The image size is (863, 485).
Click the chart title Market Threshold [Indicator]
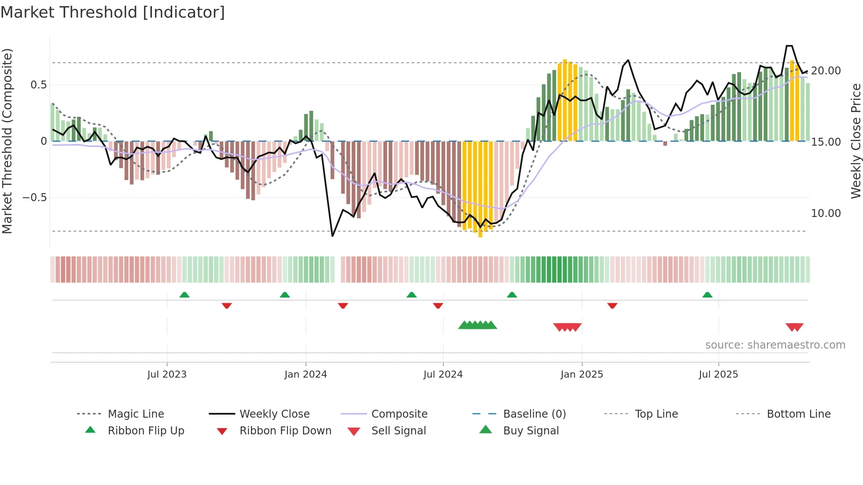pyautogui.click(x=113, y=12)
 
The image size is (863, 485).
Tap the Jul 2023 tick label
pyautogui.click(x=167, y=375)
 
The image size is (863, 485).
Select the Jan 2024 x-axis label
pyautogui.click(x=306, y=375)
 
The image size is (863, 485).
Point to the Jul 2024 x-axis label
pyautogui.click(x=443, y=375)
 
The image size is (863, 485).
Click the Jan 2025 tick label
pyautogui.click(x=582, y=375)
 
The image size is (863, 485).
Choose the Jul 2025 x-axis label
pyautogui.click(x=718, y=375)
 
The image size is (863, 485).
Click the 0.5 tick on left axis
pyautogui.click(x=39, y=85)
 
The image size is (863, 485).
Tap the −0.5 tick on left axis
pyautogui.click(x=35, y=198)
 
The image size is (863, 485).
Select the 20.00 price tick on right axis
pyautogui.click(x=826, y=71)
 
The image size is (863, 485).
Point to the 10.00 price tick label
pyautogui.click(x=826, y=213)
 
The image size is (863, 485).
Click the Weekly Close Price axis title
pyautogui.click(x=856, y=141)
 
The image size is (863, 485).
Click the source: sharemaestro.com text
pyautogui.click(x=775, y=345)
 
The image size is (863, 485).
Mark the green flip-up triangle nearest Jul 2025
pyautogui.click(x=707, y=295)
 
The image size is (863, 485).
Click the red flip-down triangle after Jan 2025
pyautogui.click(x=612, y=305)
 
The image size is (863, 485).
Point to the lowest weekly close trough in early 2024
pyautogui.click(x=332, y=236)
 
